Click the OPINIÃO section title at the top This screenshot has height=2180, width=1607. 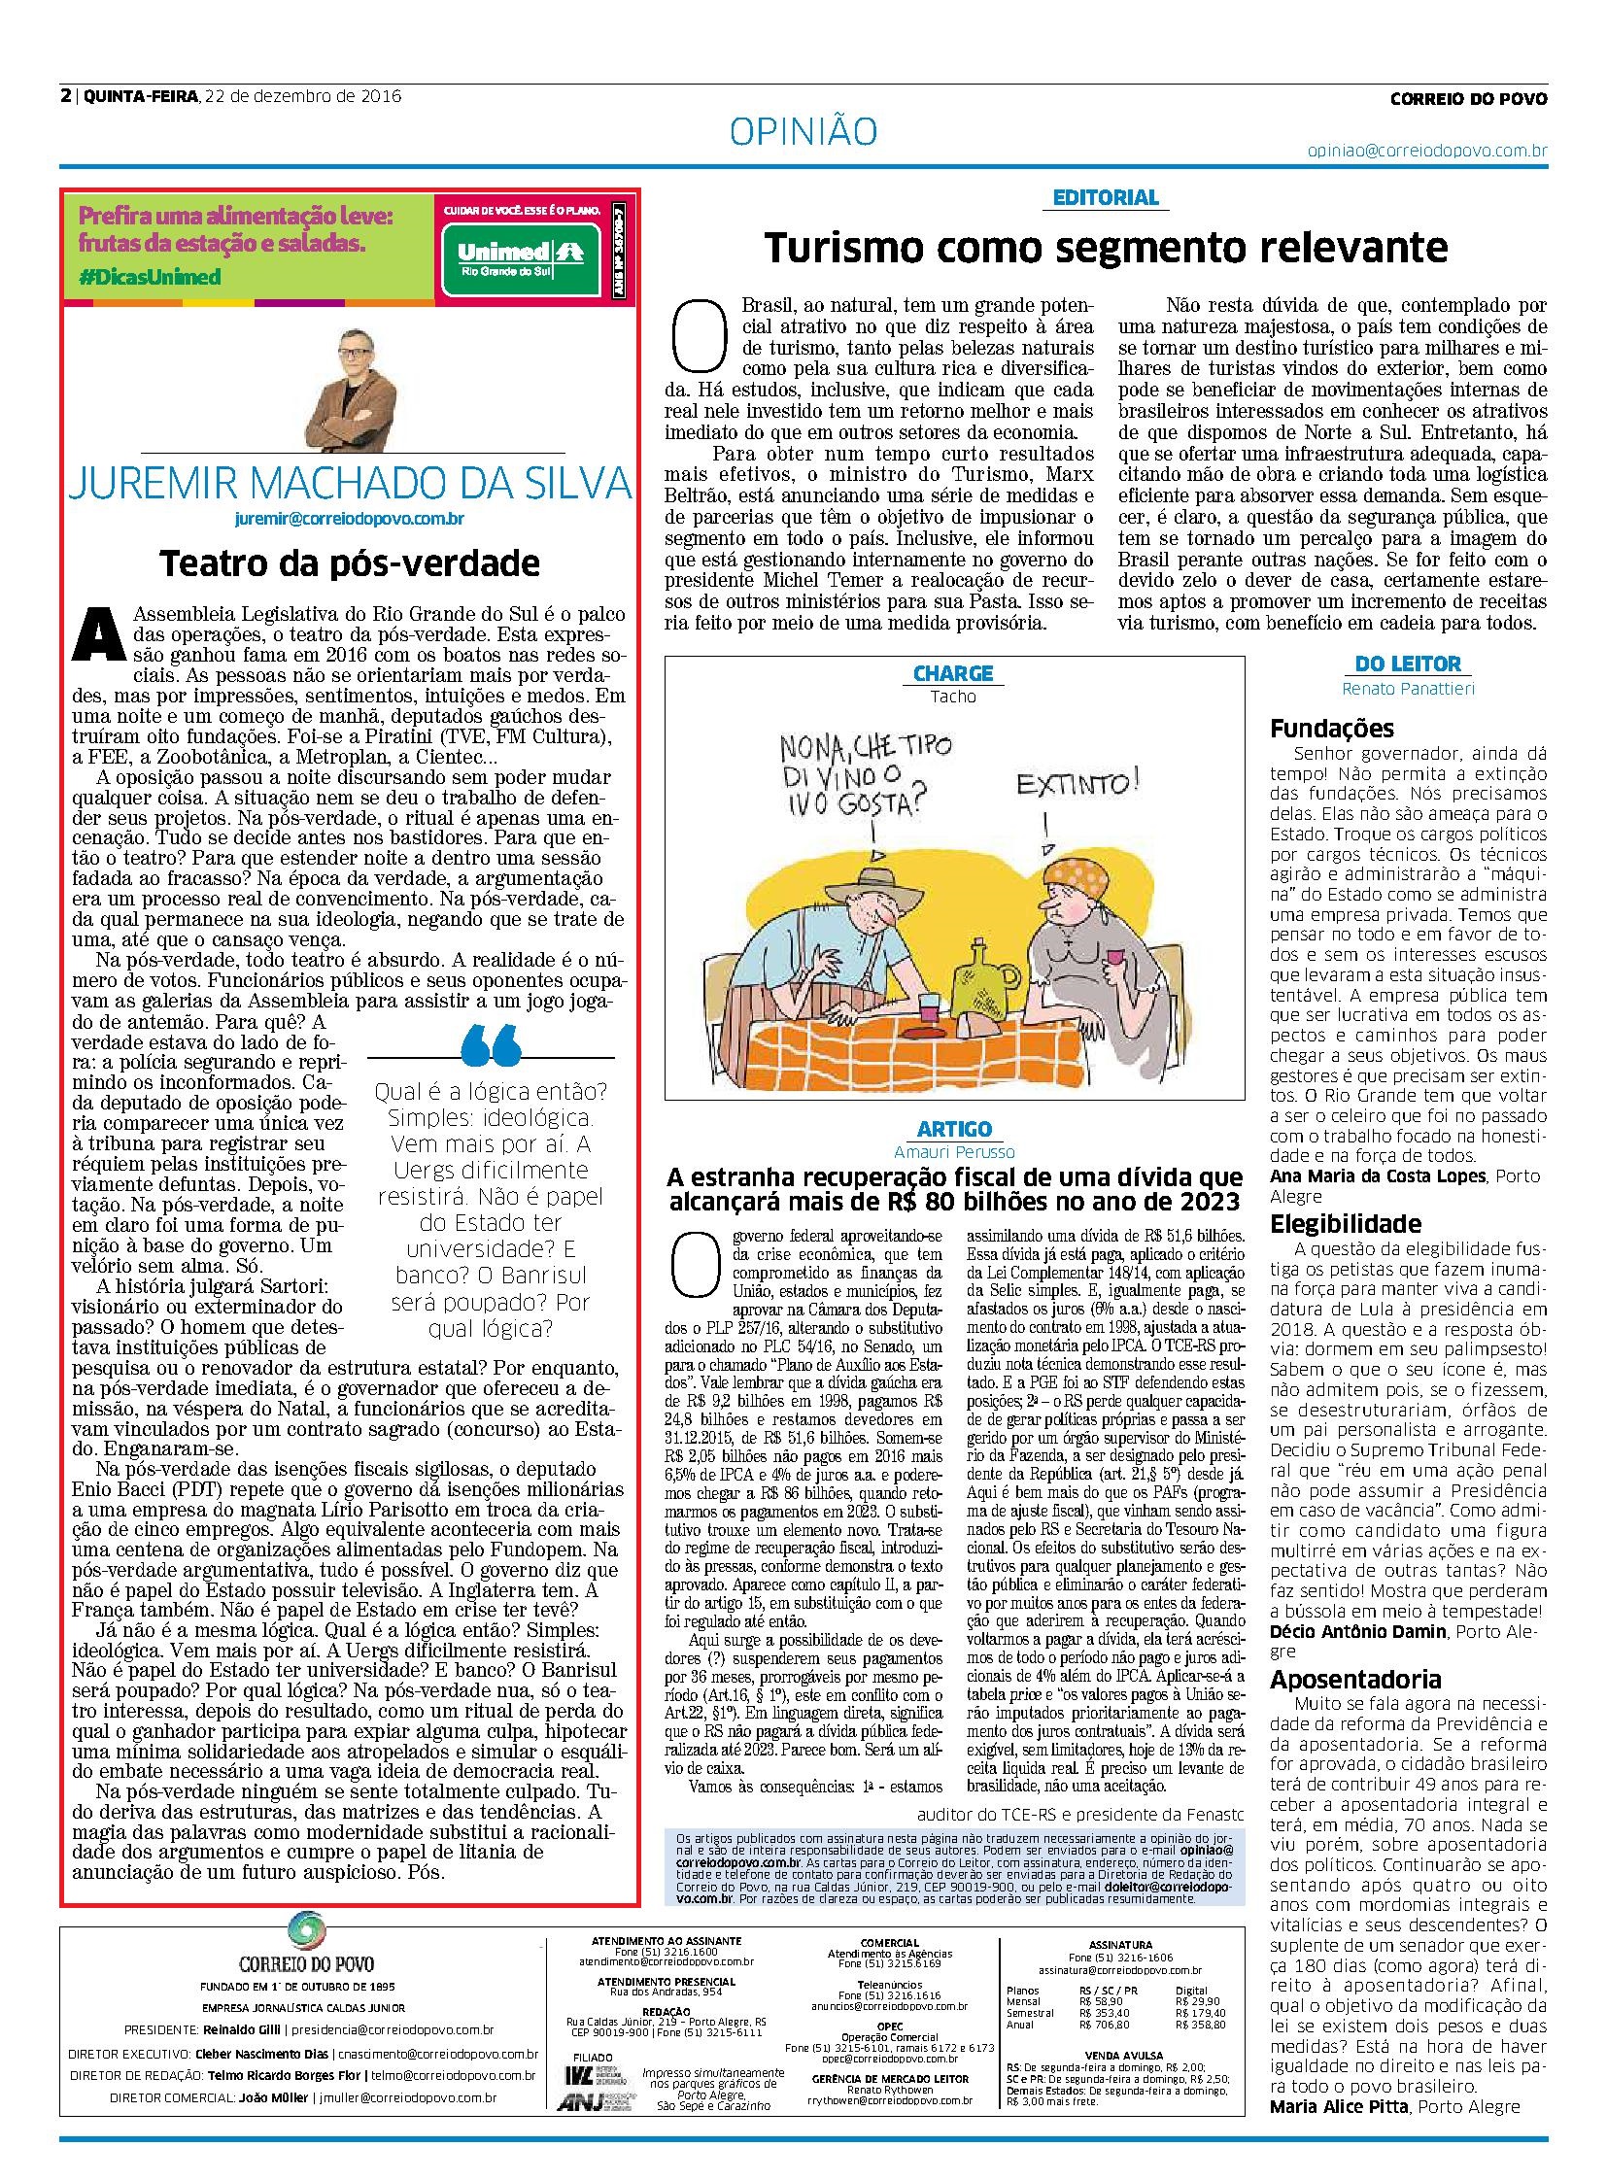[x=803, y=131]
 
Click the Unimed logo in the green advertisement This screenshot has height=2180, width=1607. [x=519, y=255]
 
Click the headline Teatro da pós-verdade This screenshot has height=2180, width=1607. [x=349, y=563]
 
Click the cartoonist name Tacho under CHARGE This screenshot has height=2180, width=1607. [x=952, y=697]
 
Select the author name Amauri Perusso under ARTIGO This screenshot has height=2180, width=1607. [x=953, y=1151]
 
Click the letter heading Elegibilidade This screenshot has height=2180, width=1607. [x=1346, y=1224]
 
